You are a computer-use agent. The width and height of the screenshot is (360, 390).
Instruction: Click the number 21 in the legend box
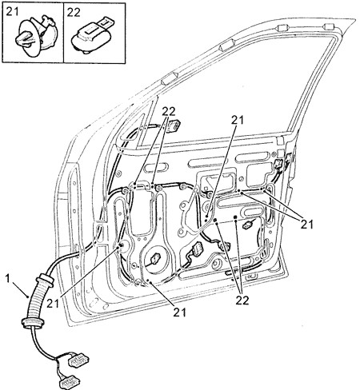click(x=12, y=12)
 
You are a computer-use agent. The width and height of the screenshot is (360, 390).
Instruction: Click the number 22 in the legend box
click(x=74, y=12)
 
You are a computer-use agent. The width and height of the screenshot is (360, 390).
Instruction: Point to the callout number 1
click(x=7, y=279)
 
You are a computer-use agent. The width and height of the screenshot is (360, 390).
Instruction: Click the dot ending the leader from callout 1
click(x=28, y=296)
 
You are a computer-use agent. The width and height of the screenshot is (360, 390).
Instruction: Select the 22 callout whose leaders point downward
click(x=242, y=300)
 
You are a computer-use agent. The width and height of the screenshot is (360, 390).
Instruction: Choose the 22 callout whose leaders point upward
click(x=169, y=112)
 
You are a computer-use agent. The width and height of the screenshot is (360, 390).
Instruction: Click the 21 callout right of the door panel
click(x=307, y=225)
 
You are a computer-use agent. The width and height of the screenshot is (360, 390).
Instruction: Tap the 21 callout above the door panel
click(x=238, y=121)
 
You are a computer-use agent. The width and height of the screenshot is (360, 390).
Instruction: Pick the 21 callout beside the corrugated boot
click(x=53, y=304)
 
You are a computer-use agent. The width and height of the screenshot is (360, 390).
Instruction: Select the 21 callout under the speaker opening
click(x=179, y=312)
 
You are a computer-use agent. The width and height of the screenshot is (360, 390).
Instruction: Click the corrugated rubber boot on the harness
click(x=37, y=299)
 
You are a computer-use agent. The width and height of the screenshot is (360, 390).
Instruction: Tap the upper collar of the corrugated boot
click(x=46, y=280)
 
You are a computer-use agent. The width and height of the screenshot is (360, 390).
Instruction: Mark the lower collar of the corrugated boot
click(x=30, y=321)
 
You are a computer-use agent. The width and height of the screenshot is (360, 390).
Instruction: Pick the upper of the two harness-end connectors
click(x=78, y=361)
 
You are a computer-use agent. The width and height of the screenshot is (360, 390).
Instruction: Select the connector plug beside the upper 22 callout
click(x=174, y=125)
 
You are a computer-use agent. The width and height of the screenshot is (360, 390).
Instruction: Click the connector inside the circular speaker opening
click(x=154, y=258)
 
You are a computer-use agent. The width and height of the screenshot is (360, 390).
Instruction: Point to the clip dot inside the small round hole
click(x=122, y=245)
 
